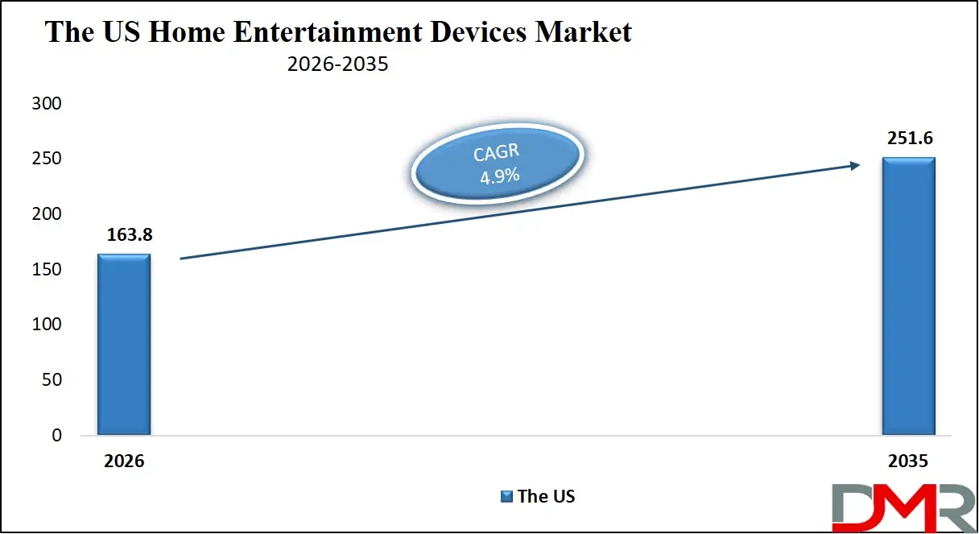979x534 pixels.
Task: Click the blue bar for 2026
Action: click(x=124, y=345)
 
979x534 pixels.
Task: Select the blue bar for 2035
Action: click(x=908, y=296)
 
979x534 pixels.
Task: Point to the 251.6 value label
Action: click(x=908, y=139)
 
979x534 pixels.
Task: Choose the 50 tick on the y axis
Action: click(x=52, y=380)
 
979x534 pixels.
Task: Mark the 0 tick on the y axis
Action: click(x=56, y=435)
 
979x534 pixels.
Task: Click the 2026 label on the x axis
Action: click(x=124, y=462)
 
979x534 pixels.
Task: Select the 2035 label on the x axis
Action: click(x=908, y=462)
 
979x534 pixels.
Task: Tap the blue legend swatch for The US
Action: click(x=506, y=496)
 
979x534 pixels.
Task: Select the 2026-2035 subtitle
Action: click(x=338, y=64)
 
